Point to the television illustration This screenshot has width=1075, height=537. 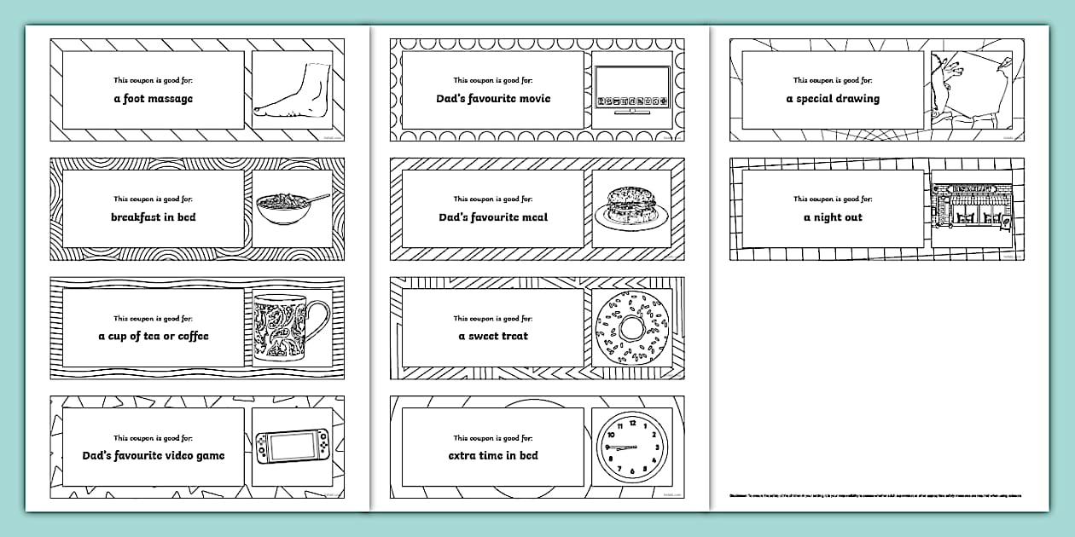[631, 91]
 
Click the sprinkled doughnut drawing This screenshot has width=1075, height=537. [631, 328]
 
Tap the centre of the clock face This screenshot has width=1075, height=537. [631, 447]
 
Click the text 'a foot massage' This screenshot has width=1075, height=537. [154, 99]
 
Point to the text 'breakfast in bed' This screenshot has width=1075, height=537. [154, 217]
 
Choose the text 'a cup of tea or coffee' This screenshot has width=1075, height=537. [154, 337]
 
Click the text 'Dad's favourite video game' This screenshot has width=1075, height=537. [154, 456]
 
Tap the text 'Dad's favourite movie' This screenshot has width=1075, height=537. [493, 99]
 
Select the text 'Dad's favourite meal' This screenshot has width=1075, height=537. [493, 217]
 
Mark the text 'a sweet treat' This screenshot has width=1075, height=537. [493, 337]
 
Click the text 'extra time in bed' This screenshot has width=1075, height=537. [493, 456]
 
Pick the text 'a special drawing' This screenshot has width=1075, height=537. [833, 99]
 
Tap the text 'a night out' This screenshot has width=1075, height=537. [833, 217]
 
